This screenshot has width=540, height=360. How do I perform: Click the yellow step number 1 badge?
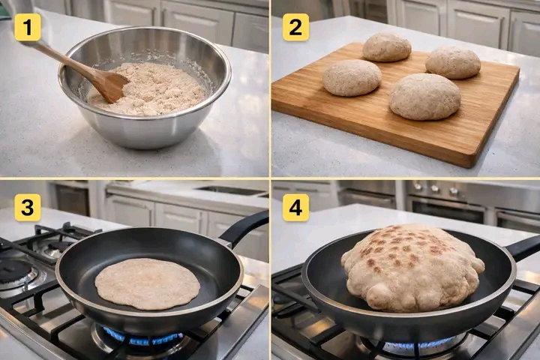coord(28,27)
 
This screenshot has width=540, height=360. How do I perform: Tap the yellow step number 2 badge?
coord(295,27)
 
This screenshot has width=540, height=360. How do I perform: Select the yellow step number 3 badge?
coord(28,208)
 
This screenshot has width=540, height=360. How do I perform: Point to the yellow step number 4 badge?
coord(295,208)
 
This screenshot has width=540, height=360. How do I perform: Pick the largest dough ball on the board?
coord(425,97)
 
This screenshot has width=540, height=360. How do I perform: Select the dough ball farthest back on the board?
coord(387,47)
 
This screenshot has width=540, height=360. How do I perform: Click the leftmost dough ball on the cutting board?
coord(352,77)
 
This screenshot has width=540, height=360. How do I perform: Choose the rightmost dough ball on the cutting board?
coord(453,63)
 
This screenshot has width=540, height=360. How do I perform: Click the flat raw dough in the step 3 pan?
coord(148,283)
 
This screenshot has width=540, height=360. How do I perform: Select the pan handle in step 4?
coord(522,247)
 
